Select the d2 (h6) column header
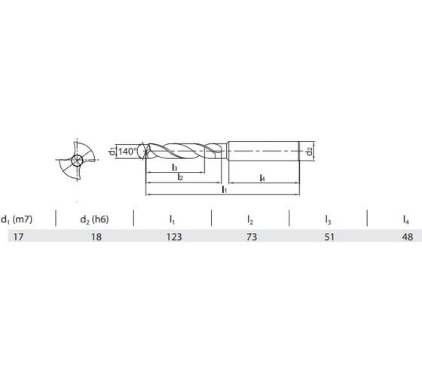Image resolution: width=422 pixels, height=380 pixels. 94,219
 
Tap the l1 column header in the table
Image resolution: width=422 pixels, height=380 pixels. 173,219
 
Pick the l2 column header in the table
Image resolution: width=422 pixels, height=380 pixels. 250,219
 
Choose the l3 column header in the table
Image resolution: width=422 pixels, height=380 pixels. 328,219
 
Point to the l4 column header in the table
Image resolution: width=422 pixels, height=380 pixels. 405,219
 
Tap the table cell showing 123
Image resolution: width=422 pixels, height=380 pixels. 173,237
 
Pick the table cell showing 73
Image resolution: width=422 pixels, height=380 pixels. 250,237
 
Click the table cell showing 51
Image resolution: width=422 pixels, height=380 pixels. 328,237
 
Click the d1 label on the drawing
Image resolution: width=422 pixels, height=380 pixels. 110,151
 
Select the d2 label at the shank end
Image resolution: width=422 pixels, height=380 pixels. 310,151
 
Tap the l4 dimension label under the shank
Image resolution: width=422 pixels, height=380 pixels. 261,177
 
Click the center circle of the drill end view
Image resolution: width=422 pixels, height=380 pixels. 76,161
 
